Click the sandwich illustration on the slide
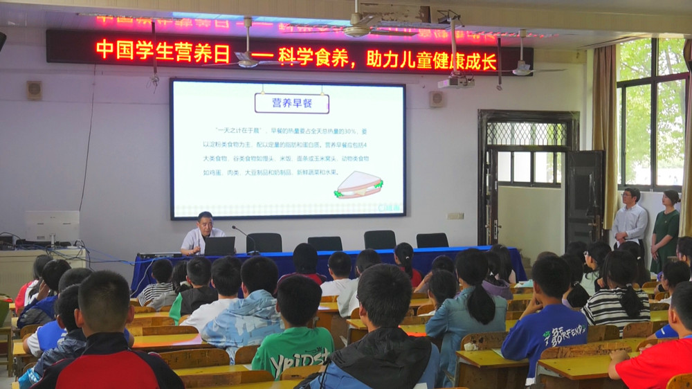tap(358, 184)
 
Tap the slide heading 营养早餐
tap(291, 103)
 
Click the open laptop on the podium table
tap(219, 246)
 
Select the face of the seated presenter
tap(204, 221)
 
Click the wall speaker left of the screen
tap(34, 90)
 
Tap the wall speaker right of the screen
tap(436, 99)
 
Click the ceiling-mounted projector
tap(455, 81)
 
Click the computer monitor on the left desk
tap(53, 226)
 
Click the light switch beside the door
tap(455, 215)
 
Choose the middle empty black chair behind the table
tap(325, 243)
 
